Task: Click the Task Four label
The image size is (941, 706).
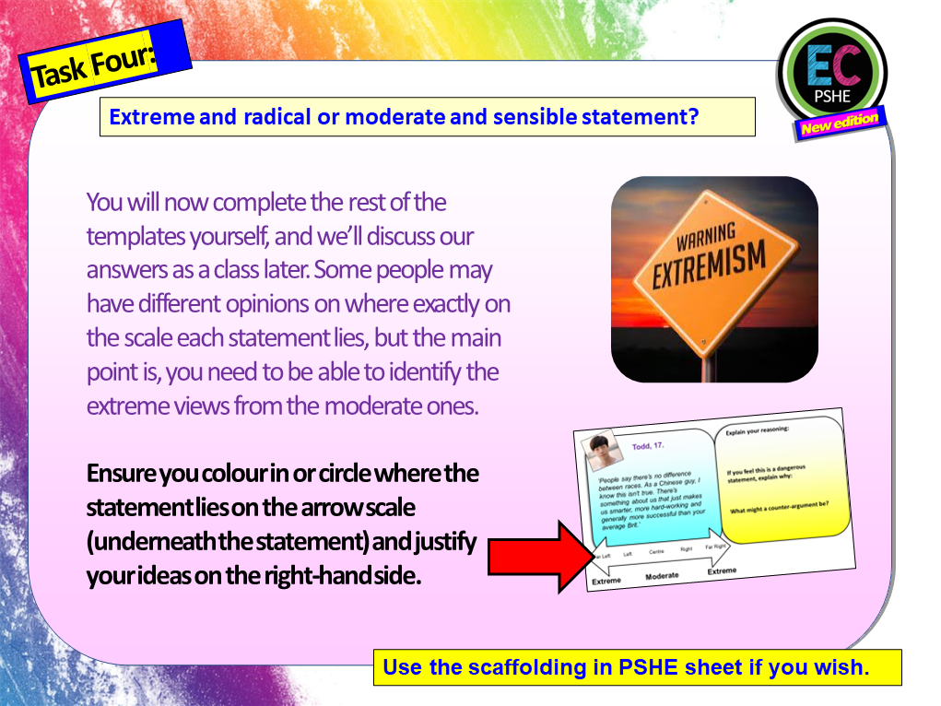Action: point(93,69)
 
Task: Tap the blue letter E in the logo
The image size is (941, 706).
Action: point(817,67)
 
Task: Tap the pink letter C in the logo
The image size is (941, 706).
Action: point(849,67)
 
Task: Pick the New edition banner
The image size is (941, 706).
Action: point(839,124)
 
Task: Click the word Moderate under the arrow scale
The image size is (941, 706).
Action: point(662,575)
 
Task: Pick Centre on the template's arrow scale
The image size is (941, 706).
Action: point(656,553)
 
